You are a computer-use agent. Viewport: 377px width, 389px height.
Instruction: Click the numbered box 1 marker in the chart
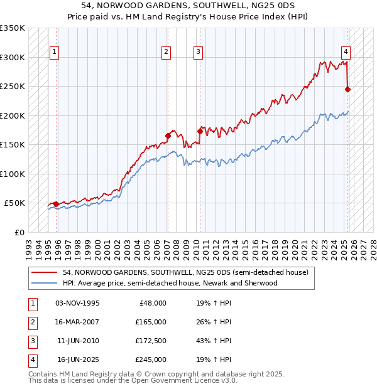[54, 52]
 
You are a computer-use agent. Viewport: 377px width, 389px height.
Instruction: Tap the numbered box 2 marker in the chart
[166, 52]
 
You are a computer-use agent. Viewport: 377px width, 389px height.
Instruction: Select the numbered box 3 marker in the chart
[198, 52]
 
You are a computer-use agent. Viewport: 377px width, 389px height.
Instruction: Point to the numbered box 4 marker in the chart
[346, 52]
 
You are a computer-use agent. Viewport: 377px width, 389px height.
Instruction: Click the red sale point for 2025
[348, 90]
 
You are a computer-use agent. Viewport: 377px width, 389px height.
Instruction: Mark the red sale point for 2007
[168, 136]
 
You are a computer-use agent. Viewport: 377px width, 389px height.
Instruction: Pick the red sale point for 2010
[200, 131]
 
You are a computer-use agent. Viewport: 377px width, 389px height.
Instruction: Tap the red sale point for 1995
[57, 204]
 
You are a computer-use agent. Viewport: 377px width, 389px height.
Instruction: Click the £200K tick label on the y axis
[13, 115]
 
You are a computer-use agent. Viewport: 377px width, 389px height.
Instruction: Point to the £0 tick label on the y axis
[19, 232]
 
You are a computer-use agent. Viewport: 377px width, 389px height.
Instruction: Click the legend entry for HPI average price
[170, 283]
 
